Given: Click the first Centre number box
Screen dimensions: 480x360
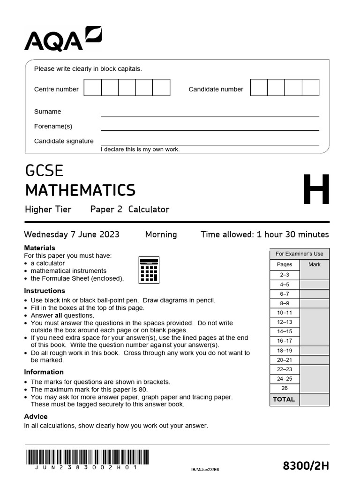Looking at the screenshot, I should [x=93, y=88].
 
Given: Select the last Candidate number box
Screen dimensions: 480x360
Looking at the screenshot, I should [x=310, y=88].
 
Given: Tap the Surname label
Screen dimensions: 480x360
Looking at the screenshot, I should [x=47, y=112].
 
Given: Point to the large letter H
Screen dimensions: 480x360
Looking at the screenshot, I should [x=316, y=190].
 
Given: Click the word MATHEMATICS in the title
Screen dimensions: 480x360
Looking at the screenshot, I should [x=80, y=190].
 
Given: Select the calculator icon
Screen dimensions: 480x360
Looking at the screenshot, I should [x=149, y=270].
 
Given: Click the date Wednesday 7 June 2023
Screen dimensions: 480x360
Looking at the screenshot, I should [x=72, y=234].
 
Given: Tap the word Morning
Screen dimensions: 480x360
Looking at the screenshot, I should [x=161, y=234].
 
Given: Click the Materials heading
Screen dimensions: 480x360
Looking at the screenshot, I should [x=39, y=247].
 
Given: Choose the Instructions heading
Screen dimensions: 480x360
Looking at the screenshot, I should [x=45, y=291].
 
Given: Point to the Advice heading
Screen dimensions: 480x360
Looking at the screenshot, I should [x=36, y=416].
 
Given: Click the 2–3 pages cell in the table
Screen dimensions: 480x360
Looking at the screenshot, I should [x=285, y=275].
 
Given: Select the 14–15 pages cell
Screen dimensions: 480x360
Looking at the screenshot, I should [x=285, y=331].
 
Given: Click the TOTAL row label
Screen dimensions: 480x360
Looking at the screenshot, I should [x=284, y=399].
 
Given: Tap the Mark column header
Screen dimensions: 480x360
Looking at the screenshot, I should [x=315, y=264].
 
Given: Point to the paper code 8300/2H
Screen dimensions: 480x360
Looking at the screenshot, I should [x=306, y=465].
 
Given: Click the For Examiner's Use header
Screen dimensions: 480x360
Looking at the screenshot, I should [x=299, y=254].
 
